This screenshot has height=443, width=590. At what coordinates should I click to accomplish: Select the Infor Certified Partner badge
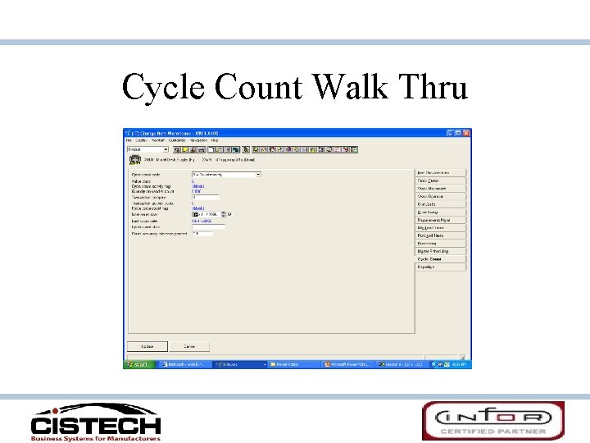[x=492, y=421]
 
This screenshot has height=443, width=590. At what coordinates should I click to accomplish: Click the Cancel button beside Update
[x=189, y=346]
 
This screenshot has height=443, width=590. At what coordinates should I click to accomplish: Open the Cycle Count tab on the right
[x=440, y=259]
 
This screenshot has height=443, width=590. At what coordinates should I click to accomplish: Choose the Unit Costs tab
[x=440, y=204]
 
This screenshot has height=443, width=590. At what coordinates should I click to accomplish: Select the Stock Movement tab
[x=440, y=189]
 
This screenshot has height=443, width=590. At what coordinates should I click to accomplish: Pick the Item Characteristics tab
[x=440, y=173]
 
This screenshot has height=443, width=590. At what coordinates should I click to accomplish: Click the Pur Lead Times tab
[x=440, y=235]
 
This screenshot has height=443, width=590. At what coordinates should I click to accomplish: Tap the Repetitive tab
[x=440, y=267]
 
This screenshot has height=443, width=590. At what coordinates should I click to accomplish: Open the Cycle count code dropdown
[x=257, y=175]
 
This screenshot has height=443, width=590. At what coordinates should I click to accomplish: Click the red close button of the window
[x=466, y=133]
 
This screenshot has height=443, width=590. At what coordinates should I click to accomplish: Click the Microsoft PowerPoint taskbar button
[x=349, y=363]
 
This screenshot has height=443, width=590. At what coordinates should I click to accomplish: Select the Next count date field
[x=211, y=215]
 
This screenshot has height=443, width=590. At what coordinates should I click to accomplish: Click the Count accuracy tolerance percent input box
[x=202, y=233]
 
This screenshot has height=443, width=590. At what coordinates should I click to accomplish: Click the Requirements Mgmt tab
[x=440, y=220]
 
